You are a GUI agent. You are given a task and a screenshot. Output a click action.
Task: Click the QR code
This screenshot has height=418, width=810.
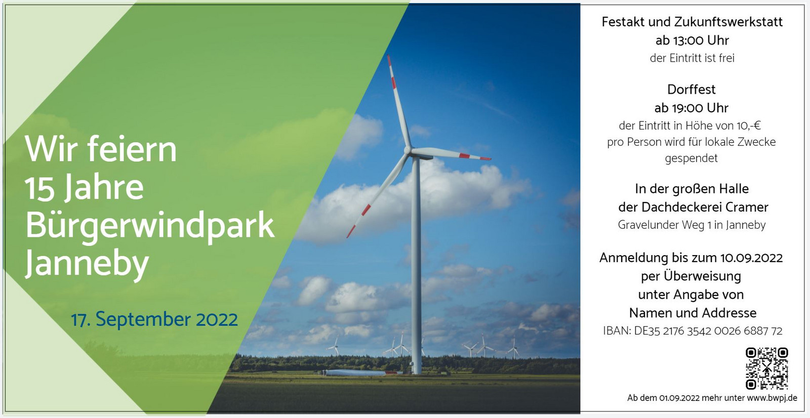[x=766, y=368]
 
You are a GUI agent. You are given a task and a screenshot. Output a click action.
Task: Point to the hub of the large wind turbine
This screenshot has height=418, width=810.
[x=408, y=150]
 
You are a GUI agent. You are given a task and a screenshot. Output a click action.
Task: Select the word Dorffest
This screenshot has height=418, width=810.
[x=692, y=89]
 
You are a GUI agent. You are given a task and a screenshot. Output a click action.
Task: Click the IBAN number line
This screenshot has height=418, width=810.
[x=693, y=331]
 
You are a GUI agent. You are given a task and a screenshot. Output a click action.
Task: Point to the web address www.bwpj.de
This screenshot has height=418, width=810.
[x=772, y=398]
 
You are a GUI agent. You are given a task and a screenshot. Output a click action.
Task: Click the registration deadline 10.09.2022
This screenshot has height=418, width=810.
[x=751, y=258]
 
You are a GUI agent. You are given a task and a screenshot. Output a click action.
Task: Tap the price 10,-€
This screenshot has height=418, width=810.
[x=749, y=126]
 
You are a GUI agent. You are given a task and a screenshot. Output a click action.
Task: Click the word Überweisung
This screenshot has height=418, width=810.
[x=702, y=276]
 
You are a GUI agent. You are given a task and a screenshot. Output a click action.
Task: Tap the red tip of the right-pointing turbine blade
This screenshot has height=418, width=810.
[x=485, y=158]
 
